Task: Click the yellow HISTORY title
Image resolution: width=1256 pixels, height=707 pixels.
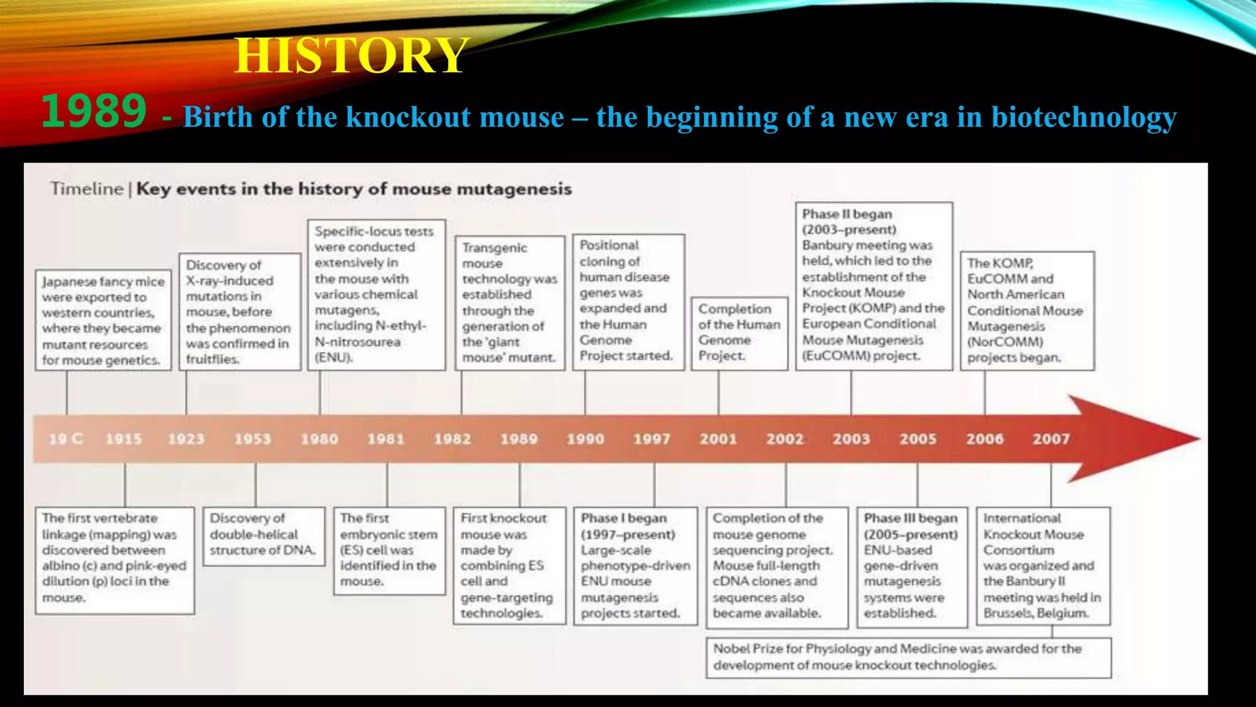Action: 351,56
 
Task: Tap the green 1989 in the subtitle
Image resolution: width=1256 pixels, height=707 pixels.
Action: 94,112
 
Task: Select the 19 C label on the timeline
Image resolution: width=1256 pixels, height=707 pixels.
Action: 66,439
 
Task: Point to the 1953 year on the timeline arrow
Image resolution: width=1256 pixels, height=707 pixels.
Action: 252,439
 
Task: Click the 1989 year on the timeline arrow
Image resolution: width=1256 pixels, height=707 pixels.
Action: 519,439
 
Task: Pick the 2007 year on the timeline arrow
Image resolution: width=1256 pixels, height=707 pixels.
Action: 1051,439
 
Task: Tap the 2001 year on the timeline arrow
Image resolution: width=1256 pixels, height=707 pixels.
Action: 718,439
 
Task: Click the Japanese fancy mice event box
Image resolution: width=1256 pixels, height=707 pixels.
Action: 103,320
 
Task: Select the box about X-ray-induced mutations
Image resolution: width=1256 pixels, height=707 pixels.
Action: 239,312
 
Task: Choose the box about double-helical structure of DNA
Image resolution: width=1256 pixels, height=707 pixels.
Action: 263,535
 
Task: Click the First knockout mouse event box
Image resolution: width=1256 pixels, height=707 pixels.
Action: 508,565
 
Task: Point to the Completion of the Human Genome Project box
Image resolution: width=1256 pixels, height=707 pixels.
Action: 739,333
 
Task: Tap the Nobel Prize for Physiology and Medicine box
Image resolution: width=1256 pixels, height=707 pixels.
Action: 908,657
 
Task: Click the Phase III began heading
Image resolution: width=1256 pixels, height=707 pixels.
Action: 911,519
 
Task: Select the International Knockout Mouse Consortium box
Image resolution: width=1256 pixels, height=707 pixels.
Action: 1043,565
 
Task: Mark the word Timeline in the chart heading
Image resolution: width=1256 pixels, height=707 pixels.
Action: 86,188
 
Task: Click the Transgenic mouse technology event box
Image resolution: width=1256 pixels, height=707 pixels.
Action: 510,303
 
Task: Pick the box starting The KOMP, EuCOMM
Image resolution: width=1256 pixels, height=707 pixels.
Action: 1026,310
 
